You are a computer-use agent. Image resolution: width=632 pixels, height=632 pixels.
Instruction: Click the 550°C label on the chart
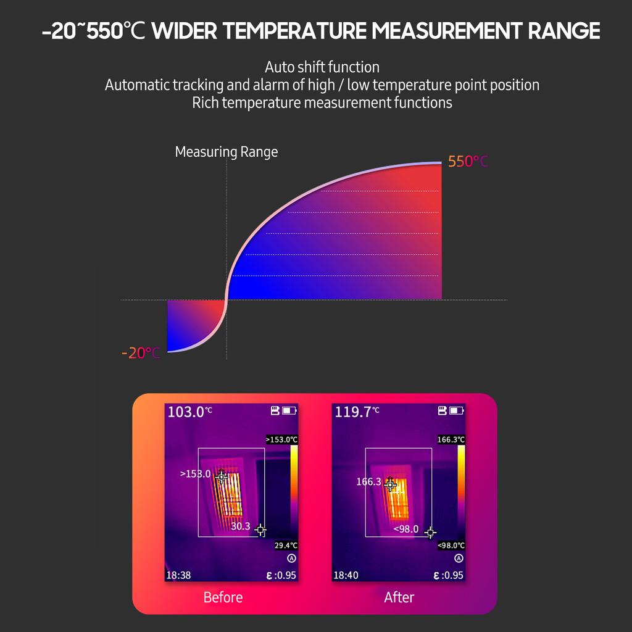468,162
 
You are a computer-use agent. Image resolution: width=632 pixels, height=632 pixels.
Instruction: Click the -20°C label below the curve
141,353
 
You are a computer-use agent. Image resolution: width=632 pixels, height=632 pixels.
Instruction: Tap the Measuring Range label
227,152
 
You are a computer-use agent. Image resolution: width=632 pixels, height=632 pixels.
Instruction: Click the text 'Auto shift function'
322,67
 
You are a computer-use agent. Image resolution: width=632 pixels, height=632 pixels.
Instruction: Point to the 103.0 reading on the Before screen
186,412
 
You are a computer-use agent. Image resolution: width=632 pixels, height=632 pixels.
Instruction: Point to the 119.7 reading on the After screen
353,412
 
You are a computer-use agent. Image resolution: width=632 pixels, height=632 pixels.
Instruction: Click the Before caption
223,597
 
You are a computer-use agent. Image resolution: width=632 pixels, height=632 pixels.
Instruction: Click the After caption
399,597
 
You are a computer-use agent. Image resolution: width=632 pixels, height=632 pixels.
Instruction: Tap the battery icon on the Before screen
289,410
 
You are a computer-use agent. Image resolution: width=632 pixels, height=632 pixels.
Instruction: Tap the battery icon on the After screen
457,410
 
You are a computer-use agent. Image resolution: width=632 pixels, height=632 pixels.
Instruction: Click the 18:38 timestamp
179,575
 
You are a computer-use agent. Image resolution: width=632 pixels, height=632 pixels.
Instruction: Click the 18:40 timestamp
346,575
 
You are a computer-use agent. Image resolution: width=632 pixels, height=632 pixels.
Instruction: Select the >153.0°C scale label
282,439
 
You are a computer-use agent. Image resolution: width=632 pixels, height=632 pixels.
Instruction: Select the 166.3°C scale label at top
451,439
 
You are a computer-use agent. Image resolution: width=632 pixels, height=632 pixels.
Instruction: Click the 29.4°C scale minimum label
286,546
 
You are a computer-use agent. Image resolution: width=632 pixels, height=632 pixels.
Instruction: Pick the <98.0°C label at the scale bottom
451,546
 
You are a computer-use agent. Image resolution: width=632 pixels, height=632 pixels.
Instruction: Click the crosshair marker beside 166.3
390,484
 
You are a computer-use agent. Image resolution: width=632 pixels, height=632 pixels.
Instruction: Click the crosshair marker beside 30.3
260,530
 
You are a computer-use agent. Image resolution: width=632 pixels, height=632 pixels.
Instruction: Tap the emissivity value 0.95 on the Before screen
287,575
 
